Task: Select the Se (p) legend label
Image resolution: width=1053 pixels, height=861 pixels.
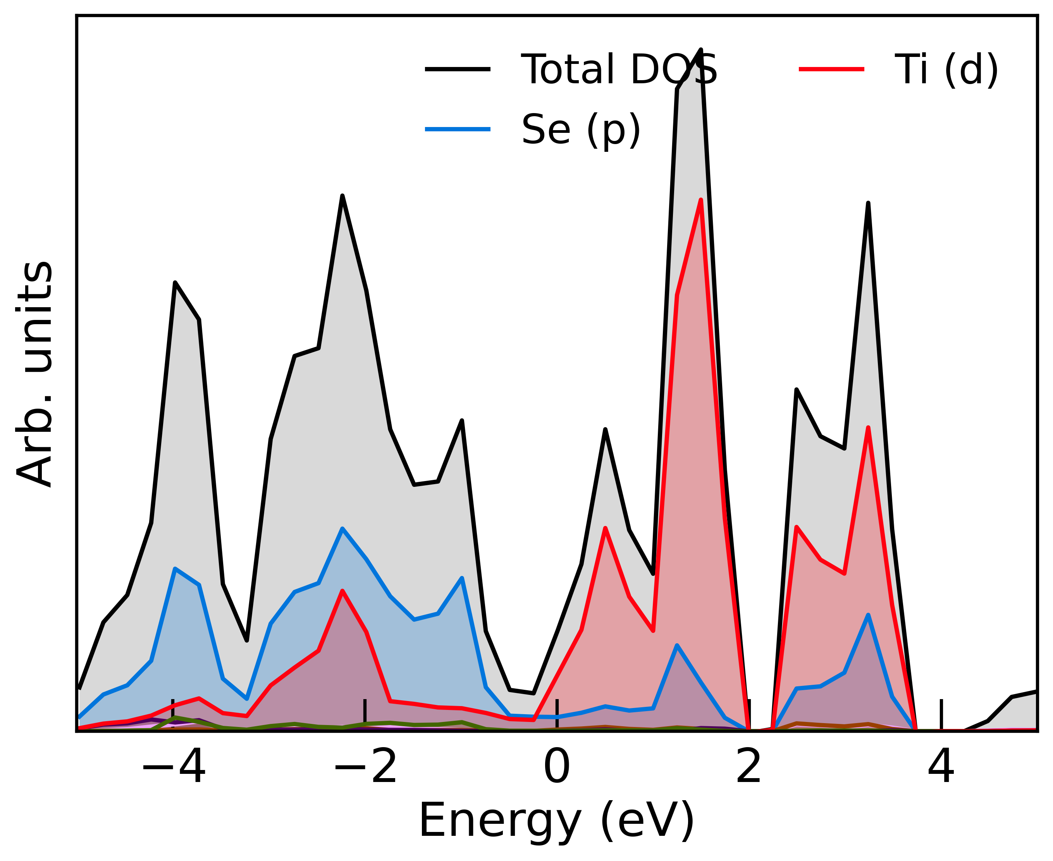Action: point(581,130)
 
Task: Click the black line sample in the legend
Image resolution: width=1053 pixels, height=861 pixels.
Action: point(457,69)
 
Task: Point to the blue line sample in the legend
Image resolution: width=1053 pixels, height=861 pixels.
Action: point(457,129)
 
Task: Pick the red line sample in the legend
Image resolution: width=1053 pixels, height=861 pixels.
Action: point(831,69)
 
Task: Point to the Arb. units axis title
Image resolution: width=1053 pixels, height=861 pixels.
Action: point(35,375)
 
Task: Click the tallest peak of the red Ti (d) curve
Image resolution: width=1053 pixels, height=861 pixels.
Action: point(701,200)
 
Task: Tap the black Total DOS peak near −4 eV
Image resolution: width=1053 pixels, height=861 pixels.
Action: point(175,283)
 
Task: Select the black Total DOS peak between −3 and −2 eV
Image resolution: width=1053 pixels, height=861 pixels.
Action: point(342,196)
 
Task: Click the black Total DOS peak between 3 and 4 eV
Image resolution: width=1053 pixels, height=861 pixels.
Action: point(868,203)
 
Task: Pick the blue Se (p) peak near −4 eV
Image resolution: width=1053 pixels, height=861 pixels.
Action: point(175,569)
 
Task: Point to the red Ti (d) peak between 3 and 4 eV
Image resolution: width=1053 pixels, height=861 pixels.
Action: point(868,428)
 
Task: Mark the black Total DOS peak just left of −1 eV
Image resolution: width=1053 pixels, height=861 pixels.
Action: point(462,421)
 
